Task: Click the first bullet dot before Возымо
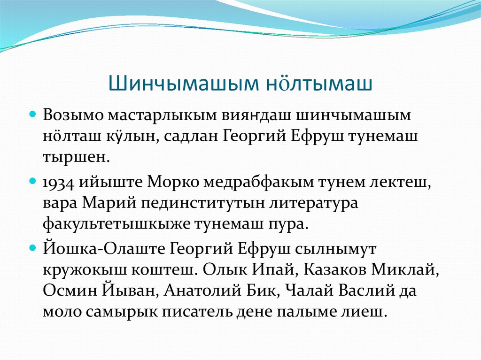33,114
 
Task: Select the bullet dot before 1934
33,180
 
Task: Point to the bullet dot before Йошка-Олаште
33,246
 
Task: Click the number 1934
60,182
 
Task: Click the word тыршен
76,156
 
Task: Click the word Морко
170,182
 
